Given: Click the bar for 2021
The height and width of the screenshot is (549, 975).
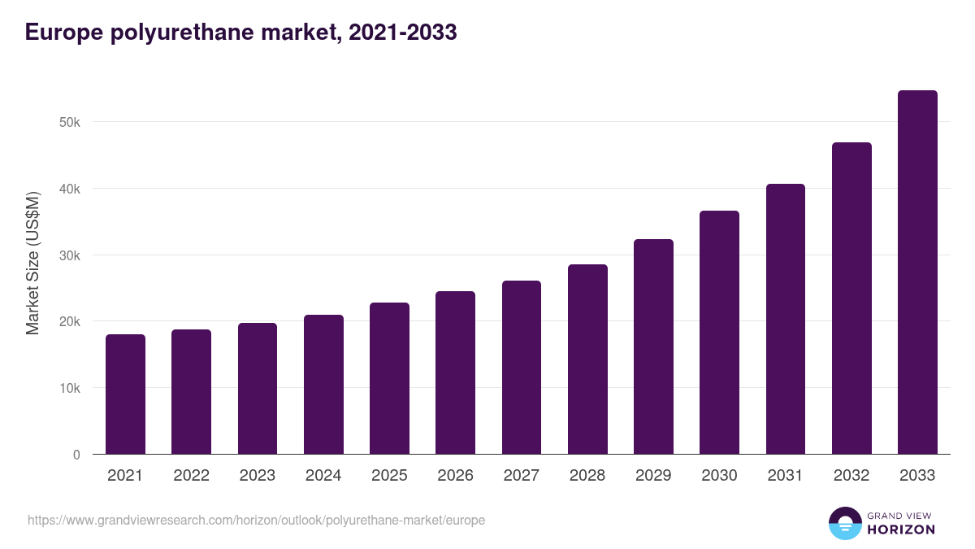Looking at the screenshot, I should click(125, 394).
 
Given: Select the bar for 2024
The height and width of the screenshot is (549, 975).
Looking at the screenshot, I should click(323, 385).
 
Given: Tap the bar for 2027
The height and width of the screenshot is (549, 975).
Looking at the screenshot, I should click(522, 368).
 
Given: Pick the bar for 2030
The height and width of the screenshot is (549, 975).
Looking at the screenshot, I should click(719, 333).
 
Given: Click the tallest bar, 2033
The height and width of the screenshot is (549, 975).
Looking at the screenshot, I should click(917, 272).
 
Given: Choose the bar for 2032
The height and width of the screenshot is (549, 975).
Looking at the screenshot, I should click(851, 298).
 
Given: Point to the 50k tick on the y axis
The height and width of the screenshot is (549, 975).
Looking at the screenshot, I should click(69, 122).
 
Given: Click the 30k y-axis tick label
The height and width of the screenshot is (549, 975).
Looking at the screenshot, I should click(69, 255).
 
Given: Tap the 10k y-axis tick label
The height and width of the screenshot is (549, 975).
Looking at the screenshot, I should click(69, 388).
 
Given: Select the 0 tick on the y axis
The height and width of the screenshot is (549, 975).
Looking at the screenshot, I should click(76, 455).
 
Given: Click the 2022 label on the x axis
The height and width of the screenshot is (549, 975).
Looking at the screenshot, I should click(191, 476).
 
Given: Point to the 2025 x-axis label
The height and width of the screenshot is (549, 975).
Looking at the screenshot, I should click(389, 476).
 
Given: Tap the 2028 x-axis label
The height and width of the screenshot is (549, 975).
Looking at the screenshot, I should click(587, 476).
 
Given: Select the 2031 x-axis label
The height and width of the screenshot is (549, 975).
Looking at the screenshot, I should click(786, 476).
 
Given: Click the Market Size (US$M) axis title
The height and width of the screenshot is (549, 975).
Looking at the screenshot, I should click(33, 264).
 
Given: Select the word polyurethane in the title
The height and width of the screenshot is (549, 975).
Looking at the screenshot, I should click(168, 33).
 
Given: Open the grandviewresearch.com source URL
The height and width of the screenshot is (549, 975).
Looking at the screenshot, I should click(256, 520).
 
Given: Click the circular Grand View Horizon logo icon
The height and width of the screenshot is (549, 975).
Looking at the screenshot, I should click(844, 524).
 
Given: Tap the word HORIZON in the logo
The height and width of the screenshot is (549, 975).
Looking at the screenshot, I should click(901, 529).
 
